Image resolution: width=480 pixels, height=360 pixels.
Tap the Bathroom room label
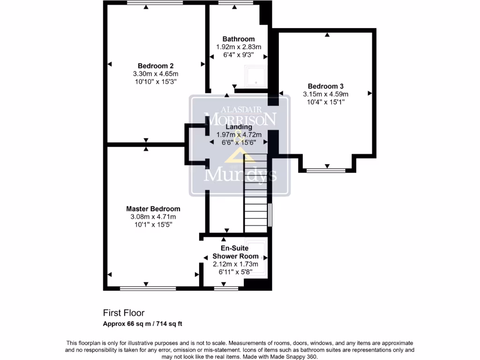[239, 39]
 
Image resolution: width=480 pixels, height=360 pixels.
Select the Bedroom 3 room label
[325, 86]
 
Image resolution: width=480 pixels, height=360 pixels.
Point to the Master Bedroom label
[153, 209]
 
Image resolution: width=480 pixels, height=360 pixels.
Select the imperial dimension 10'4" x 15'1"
[325, 102]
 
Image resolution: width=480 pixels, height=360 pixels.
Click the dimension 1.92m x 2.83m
[239, 47]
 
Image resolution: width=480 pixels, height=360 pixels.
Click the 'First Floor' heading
[124, 313]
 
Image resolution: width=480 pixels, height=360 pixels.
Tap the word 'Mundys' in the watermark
[240, 175]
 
